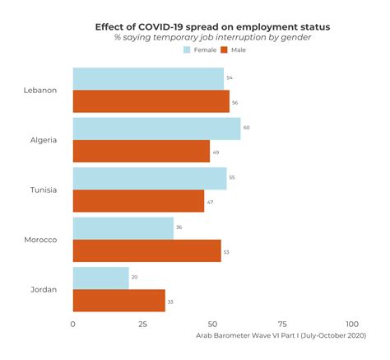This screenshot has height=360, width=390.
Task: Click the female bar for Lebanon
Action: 148,79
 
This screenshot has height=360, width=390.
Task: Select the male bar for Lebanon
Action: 151,101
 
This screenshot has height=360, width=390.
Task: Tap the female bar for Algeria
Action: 156,129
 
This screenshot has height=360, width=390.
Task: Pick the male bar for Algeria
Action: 142,151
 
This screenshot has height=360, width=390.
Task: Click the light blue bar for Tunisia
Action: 150,179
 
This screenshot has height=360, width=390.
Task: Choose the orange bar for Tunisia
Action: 138,201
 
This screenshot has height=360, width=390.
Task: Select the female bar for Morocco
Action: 123,228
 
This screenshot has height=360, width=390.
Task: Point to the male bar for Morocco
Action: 146,250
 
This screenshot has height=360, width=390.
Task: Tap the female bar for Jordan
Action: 101,278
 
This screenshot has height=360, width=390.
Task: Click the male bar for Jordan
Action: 119,301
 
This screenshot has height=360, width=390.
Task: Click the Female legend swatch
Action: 187,50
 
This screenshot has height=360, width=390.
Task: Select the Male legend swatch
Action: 223,50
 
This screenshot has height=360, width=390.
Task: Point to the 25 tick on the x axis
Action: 143,325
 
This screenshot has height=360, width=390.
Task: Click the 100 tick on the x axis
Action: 352,325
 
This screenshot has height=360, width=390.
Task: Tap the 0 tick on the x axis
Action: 73,325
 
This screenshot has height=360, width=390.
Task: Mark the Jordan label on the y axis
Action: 43,289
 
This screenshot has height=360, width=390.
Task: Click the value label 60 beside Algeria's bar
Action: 247,129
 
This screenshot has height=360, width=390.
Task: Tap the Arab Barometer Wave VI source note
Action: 280,336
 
